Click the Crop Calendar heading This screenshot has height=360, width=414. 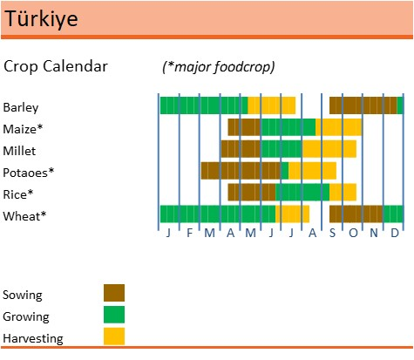56,66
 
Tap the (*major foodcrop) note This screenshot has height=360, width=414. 218,67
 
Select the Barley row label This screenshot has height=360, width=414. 21,107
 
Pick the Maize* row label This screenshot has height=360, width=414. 23,129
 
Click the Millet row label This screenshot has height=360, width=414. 19,150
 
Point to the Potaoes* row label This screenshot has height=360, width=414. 29,172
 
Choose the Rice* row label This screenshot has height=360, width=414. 18,194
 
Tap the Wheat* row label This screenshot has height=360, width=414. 24,215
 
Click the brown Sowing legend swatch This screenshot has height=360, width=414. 114,293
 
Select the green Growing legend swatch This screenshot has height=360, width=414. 114,315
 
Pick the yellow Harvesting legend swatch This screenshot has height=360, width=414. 114,336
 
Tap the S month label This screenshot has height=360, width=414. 332,234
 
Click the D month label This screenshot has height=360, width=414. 394,234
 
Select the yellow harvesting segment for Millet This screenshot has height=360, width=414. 329,149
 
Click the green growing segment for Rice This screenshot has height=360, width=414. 302,192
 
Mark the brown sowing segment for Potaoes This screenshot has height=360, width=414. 241,171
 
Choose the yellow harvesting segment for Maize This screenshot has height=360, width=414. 338,127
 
